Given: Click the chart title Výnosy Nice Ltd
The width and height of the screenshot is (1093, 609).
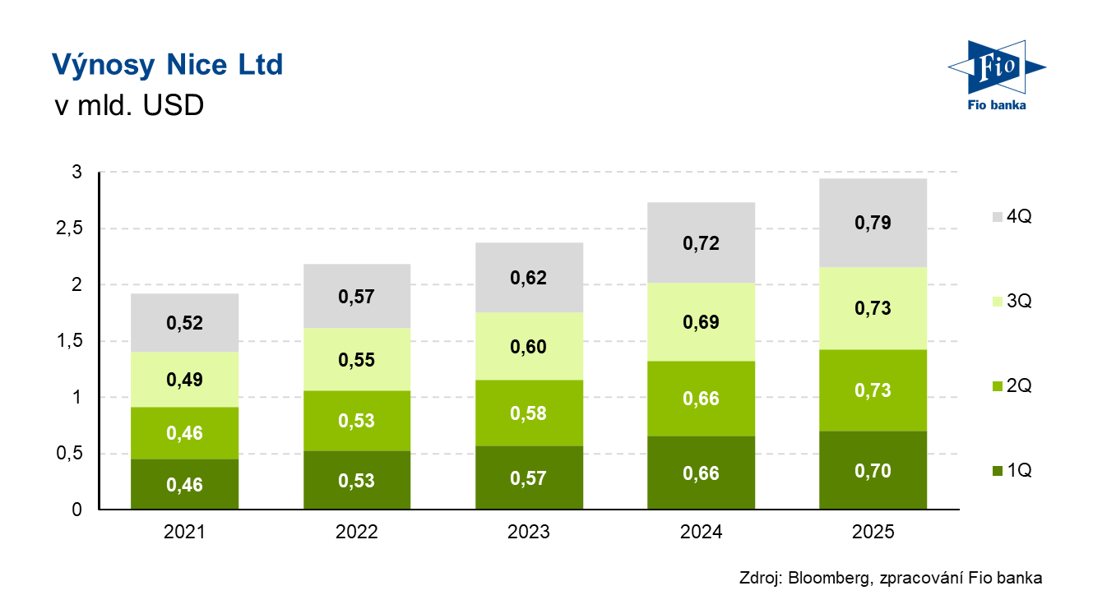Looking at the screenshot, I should (x=167, y=64).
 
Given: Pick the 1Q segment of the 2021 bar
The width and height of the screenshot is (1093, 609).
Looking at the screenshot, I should (x=185, y=484).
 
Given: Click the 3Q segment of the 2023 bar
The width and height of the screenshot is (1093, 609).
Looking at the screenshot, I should (x=529, y=346).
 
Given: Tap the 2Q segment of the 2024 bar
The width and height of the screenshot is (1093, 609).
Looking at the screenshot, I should (x=701, y=399).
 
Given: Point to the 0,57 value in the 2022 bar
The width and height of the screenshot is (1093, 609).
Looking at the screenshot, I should (x=356, y=297).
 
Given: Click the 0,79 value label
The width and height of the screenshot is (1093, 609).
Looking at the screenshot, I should (x=873, y=223).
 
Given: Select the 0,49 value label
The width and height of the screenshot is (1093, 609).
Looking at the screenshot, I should (x=185, y=380).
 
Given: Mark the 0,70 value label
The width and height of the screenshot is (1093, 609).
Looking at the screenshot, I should (x=873, y=471).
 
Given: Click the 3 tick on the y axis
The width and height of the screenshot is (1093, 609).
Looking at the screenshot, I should (x=76, y=173).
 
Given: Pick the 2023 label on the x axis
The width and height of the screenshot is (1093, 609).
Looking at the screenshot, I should (x=529, y=533).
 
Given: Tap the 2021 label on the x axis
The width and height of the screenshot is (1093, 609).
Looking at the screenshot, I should (x=185, y=533).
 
